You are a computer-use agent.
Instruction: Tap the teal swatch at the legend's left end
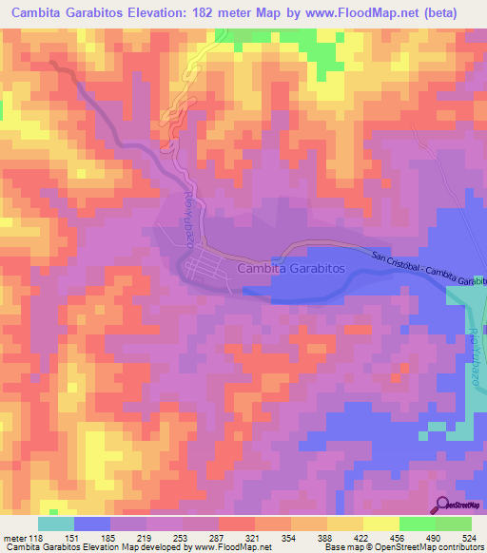[x=55, y=524]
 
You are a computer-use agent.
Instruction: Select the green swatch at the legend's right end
[x=454, y=524]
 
